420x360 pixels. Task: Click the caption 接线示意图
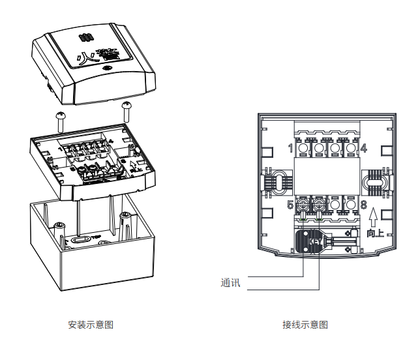pyautogui.click(x=305, y=324)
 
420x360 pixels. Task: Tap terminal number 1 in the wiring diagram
pyautogui.click(x=290, y=148)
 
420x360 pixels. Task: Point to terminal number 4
pyautogui.click(x=363, y=148)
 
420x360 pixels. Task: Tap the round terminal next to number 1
pyautogui.click(x=304, y=149)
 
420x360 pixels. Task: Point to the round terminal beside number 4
pyautogui.click(x=350, y=149)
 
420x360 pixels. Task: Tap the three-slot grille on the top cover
pyautogui.click(x=83, y=38)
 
